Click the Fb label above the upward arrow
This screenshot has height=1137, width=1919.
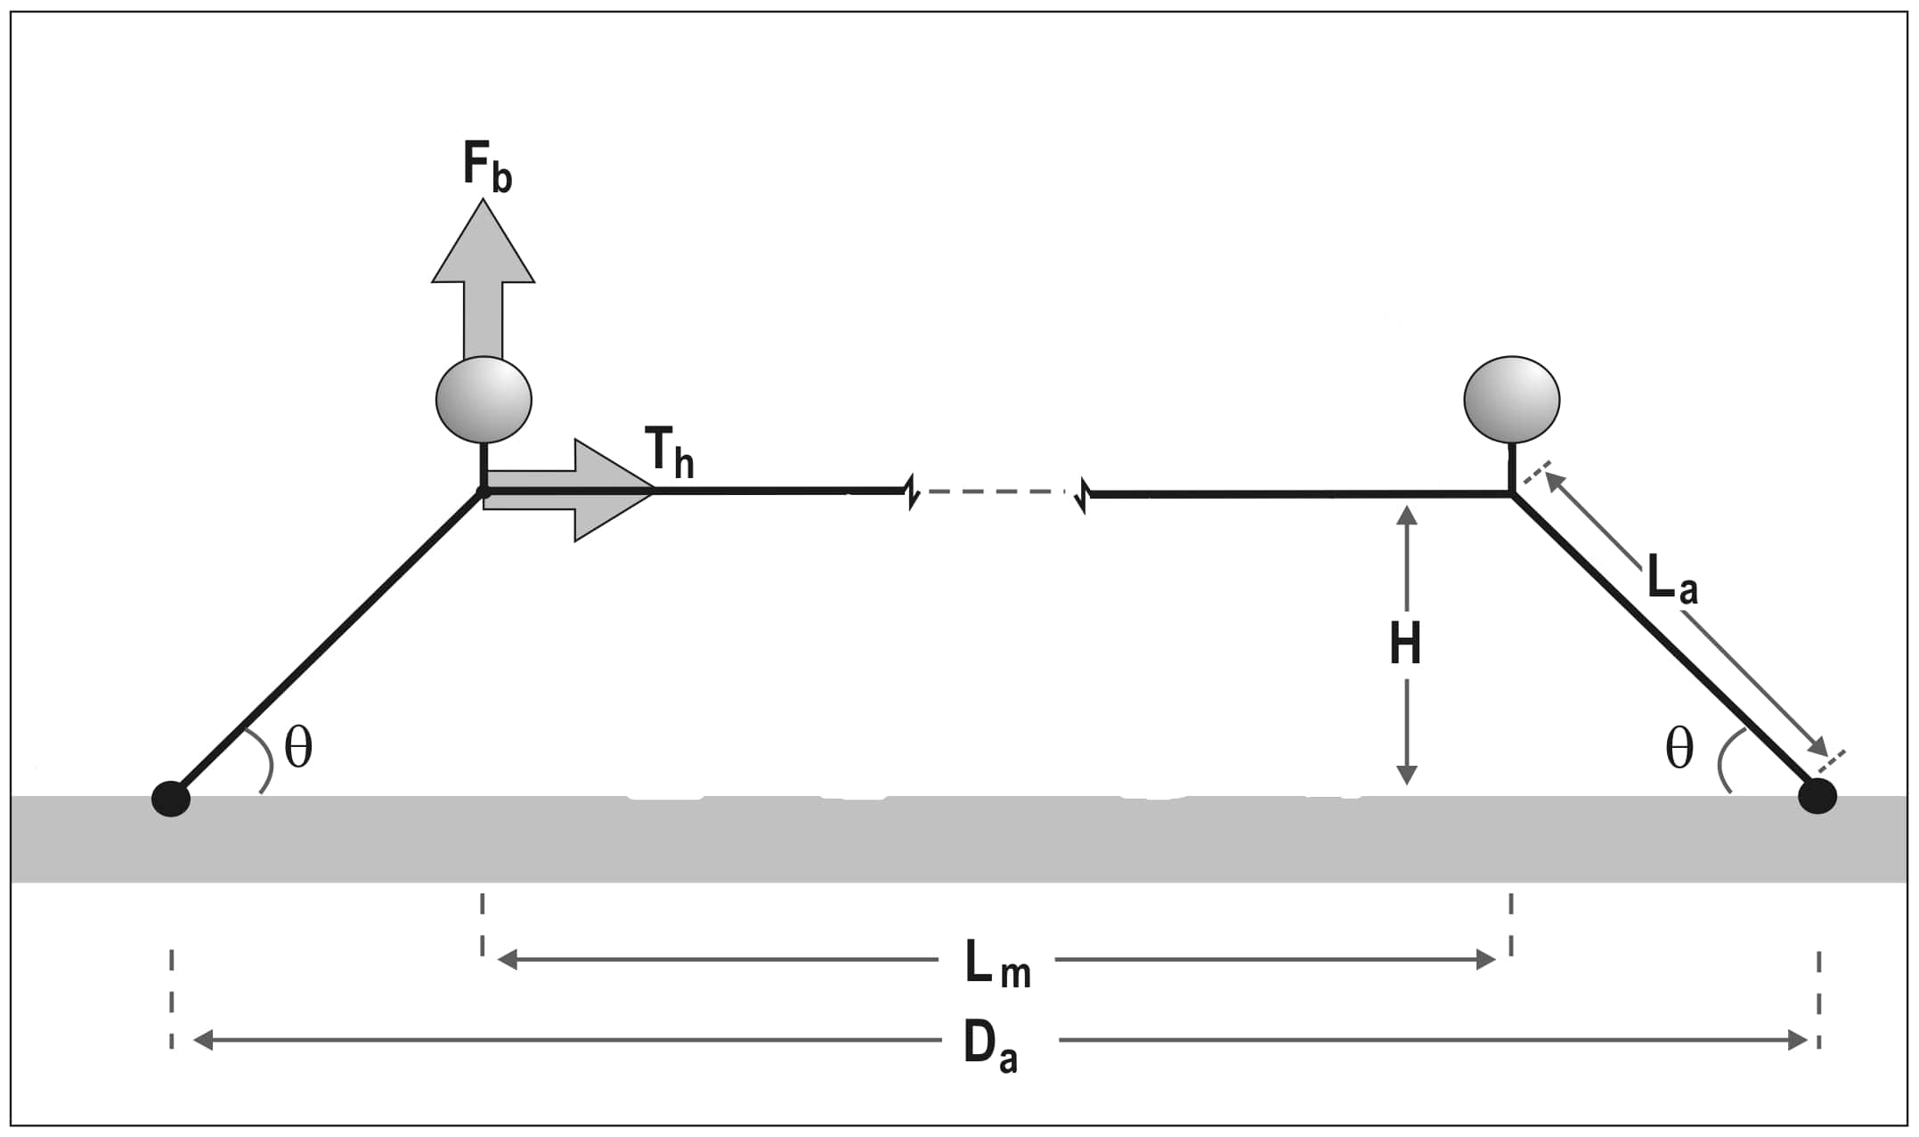pyautogui.click(x=486, y=166)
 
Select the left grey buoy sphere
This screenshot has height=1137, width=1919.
pyautogui.click(x=484, y=400)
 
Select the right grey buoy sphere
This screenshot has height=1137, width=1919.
pyautogui.click(x=1511, y=400)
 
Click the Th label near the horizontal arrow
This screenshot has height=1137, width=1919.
pyautogui.click(x=669, y=451)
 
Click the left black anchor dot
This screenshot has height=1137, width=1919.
pyautogui.click(x=171, y=799)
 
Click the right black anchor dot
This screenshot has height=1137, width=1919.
pyautogui.click(x=1817, y=796)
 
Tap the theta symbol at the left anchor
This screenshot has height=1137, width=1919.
pyautogui.click(x=298, y=748)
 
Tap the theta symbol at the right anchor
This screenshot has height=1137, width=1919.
pyautogui.click(x=1679, y=748)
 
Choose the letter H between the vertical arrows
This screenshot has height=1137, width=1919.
pyautogui.click(x=1405, y=645)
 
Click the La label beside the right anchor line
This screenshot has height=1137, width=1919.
pyautogui.click(x=1671, y=579)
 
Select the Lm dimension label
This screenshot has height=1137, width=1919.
pyautogui.click(x=996, y=964)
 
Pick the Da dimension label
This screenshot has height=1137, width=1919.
pyautogui.click(x=989, y=1044)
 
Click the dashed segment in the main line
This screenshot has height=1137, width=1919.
pyautogui.click(x=997, y=491)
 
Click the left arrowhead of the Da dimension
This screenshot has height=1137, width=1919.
pyautogui.click(x=204, y=1039)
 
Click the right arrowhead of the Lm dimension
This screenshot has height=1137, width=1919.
pyautogui.click(x=1485, y=960)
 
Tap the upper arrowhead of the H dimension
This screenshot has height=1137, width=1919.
pyautogui.click(x=1406, y=516)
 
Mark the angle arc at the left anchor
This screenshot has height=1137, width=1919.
pyautogui.click(x=266, y=762)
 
